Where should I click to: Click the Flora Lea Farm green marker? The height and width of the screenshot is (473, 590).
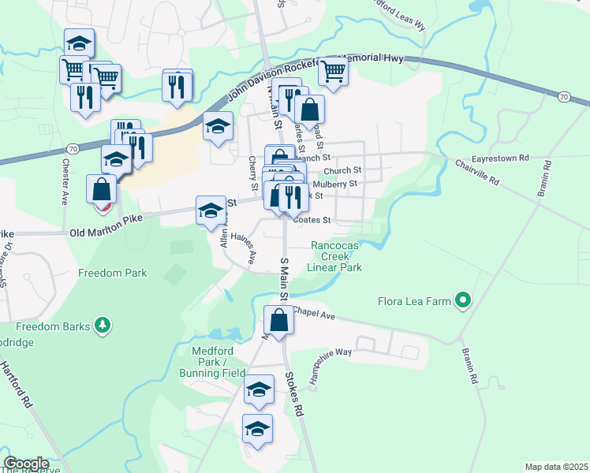pos(464,300)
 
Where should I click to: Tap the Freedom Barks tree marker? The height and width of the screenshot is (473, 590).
pos(102,326)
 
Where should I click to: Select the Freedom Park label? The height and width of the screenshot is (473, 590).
pos(112,274)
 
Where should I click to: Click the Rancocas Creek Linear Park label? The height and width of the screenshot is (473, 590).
pos(335,257)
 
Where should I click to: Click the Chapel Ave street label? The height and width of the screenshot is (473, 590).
pos(316,314)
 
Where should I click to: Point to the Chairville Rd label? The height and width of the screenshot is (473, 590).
pos(478,173)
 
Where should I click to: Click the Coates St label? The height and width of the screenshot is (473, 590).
pos(311,221)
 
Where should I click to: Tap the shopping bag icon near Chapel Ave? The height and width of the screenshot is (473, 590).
pos(278,321)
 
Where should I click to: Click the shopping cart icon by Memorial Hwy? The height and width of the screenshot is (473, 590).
pos(334,71)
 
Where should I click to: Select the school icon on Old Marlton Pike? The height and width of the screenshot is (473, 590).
pos(210,210)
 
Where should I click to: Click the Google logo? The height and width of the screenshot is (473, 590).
pos(26,464)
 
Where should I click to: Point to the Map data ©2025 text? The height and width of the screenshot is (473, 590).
pos(556,467)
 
